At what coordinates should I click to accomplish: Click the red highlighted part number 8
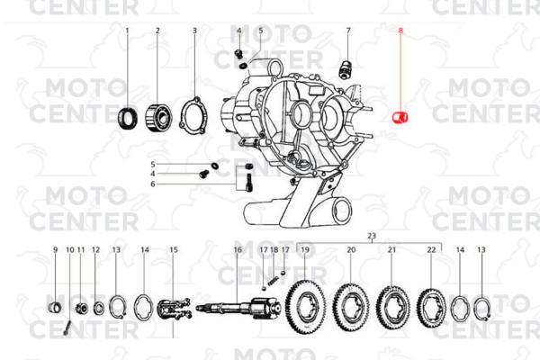click(x=400, y=31)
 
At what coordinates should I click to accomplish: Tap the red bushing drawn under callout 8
click(x=400, y=117)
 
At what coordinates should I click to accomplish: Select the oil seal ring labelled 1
click(x=128, y=119)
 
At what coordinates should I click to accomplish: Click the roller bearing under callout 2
click(x=157, y=118)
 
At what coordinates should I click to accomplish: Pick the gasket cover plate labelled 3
click(x=193, y=115)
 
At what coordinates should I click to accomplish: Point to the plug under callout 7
click(x=345, y=69)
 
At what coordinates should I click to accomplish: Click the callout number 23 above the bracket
click(x=372, y=237)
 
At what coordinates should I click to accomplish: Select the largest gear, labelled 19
click(x=305, y=308)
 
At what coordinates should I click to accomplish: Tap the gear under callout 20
click(x=351, y=309)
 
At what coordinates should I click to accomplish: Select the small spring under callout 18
click(x=273, y=281)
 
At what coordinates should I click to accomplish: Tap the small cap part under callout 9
click(x=55, y=307)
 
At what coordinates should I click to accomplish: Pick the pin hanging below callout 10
click(x=67, y=328)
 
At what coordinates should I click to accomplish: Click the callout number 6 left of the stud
click(x=153, y=184)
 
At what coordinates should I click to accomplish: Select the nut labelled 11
click(x=81, y=307)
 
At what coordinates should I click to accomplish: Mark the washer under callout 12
click(x=98, y=307)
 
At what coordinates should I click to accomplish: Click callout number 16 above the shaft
click(x=238, y=250)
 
